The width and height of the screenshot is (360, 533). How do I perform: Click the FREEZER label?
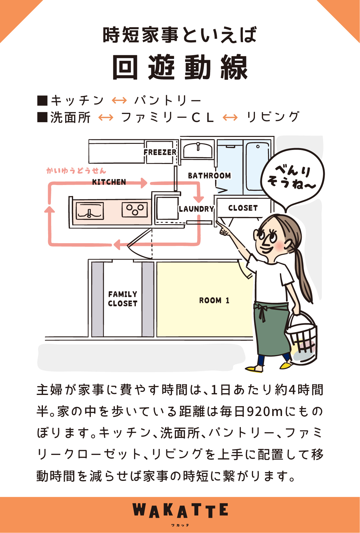click(160, 152)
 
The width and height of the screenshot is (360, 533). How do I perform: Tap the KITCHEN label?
click(109, 182)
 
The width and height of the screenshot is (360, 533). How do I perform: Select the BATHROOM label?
click(209, 176)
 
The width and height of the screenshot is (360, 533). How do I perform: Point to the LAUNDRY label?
click(196, 209)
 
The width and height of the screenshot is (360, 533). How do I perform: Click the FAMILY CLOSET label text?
click(123, 299)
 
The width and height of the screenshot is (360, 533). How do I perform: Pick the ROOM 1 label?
click(214, 300)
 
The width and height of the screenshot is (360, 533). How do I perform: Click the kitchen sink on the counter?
click(90, 211)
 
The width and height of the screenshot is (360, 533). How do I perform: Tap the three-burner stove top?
click(135, 210)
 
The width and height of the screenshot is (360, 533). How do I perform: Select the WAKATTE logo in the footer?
click(180, 511)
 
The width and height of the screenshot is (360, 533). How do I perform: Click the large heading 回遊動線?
click(180, 68)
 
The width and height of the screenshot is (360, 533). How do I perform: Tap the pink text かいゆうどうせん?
click(76, 171)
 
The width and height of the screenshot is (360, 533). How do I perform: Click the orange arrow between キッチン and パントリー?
click(119, 100)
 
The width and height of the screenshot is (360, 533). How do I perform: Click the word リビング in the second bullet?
click(273, 117)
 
